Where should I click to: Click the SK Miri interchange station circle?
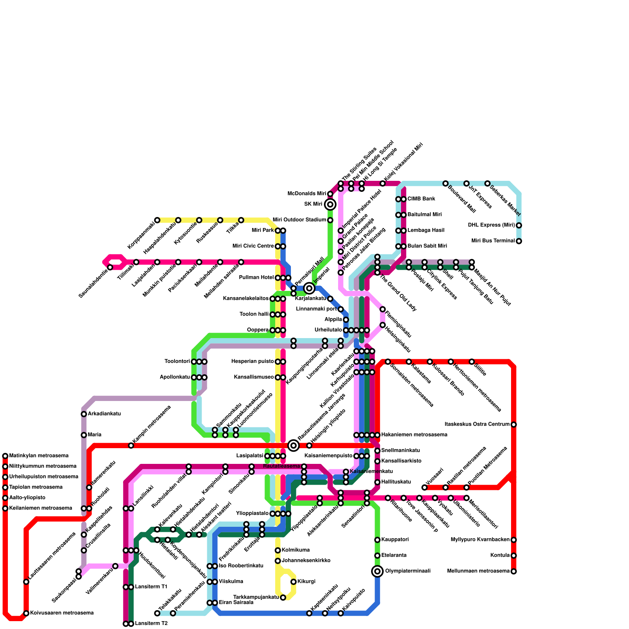330,204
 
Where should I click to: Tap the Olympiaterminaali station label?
408,571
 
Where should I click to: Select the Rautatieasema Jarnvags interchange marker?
293,445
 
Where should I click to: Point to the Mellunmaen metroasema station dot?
513,571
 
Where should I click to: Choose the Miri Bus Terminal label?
493,241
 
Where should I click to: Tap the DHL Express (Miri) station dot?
519,225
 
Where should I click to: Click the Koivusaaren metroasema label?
62,613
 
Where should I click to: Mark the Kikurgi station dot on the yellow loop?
293,582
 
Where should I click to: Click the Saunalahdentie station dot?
110,267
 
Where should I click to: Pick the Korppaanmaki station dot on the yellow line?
157,220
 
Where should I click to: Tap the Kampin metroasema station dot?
131,445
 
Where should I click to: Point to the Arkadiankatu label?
104,414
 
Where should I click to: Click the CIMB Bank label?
421,199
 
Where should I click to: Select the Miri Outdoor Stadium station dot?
330,220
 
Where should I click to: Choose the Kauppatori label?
395,540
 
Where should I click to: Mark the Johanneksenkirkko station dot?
278,561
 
